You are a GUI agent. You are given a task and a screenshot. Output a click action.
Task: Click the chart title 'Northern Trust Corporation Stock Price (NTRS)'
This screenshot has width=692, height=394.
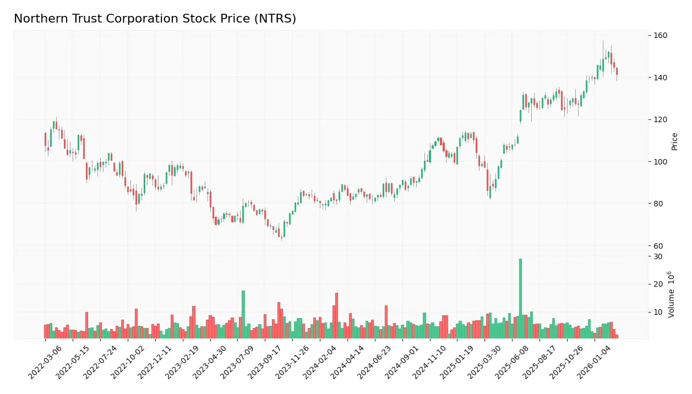click(x=155, y=19)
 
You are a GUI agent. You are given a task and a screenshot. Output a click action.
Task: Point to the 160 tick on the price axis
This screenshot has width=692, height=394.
click(x=660, y=36)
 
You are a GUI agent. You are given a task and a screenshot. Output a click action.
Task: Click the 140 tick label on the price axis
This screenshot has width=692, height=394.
click(x=660, y=78)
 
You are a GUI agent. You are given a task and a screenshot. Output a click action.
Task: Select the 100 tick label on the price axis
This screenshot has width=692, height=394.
click(x=660, y=162)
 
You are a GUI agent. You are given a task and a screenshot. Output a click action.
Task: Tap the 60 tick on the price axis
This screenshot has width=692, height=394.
click(x=658, y=246)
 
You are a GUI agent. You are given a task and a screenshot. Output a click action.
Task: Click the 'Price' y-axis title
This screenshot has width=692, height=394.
click(x=674, y=141)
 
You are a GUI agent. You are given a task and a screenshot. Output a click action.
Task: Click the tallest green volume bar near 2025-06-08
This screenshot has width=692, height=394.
click(x=520, y=298)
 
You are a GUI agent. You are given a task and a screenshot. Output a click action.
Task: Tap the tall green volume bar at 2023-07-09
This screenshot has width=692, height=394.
click(x=243, y=314)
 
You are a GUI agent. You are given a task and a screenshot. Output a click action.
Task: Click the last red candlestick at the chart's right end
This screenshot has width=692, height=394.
click(x=617, y=71)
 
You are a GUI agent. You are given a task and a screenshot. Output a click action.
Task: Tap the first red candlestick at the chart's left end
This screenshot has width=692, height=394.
click(x=45, y=139)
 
